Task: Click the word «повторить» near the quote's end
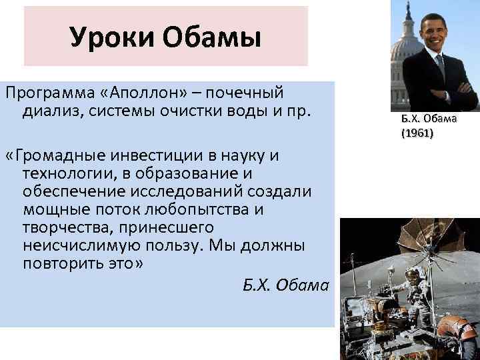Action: pos(57,262)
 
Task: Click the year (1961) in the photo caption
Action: pos(417,134)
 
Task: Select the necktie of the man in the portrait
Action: pos(440,67)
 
